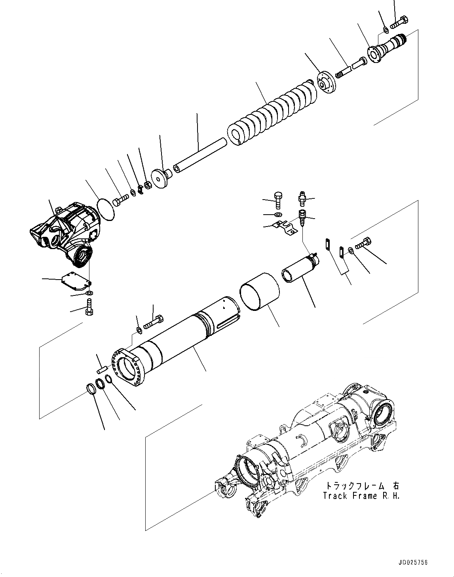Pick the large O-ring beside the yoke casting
point(106,208)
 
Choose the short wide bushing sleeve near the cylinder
point(260,291)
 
